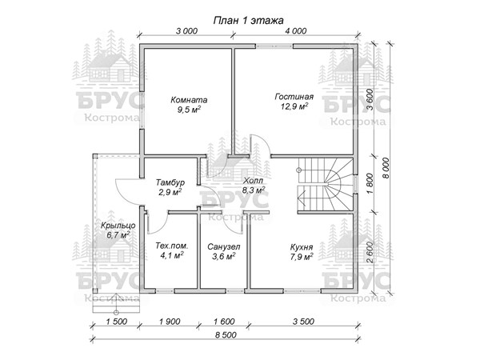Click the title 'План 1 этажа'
248,21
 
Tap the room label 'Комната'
189,100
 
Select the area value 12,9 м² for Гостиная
294,106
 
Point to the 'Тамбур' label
170,182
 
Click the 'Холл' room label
253,181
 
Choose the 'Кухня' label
302,247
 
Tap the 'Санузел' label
224,246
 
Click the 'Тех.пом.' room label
172,246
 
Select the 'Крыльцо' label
118,226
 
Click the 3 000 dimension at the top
187,31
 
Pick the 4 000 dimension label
295,31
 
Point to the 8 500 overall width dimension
226,335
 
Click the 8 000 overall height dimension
386,168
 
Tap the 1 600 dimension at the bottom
224,322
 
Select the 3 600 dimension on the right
370,99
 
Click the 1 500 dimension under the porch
116,322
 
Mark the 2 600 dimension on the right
370,252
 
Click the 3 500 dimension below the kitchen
303,322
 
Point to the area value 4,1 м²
172,255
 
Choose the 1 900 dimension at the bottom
170,322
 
